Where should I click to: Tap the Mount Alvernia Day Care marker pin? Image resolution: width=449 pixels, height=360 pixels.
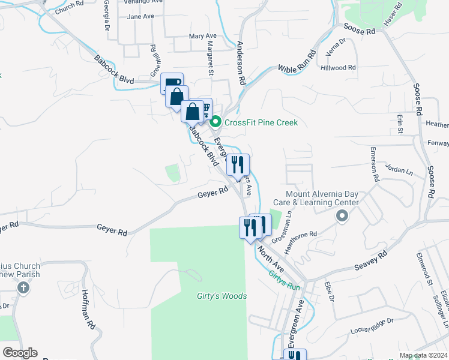click(342, 217)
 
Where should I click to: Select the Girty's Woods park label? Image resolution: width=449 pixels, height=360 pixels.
click(221, 296)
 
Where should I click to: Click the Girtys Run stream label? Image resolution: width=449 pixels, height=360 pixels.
click(284, 280)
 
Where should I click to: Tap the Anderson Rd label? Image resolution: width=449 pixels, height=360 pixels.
click(241, 62)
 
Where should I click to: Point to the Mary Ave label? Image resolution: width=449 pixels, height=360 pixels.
click(202, 36)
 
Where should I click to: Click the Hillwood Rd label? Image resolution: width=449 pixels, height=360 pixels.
click(339, 68)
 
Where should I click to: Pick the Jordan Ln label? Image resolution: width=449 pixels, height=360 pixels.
click(400, 170)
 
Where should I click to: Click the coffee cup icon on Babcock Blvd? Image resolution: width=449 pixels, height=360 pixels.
click(172, 83)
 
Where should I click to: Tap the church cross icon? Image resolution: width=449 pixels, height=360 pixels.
click(23, 287)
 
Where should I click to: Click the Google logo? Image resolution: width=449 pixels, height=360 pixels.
click(20, 353)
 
